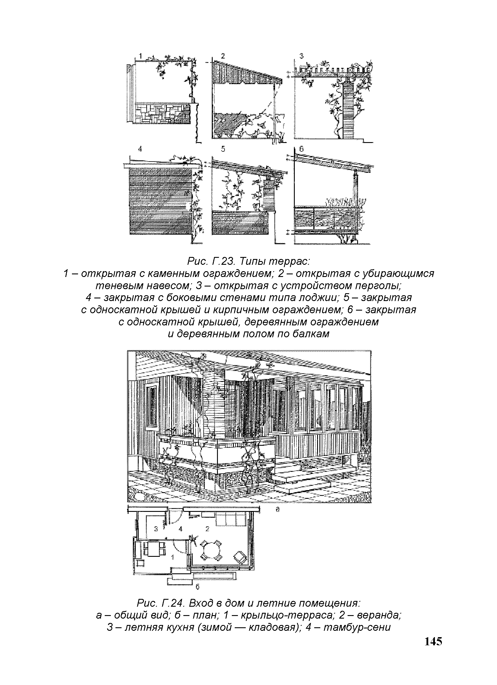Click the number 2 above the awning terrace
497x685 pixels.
pos(223,56)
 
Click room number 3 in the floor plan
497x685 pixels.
pos(156,529)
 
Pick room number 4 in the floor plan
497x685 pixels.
pos(181,529)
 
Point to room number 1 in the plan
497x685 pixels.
pos(173,557)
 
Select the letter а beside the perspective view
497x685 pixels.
pos(277,510)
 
